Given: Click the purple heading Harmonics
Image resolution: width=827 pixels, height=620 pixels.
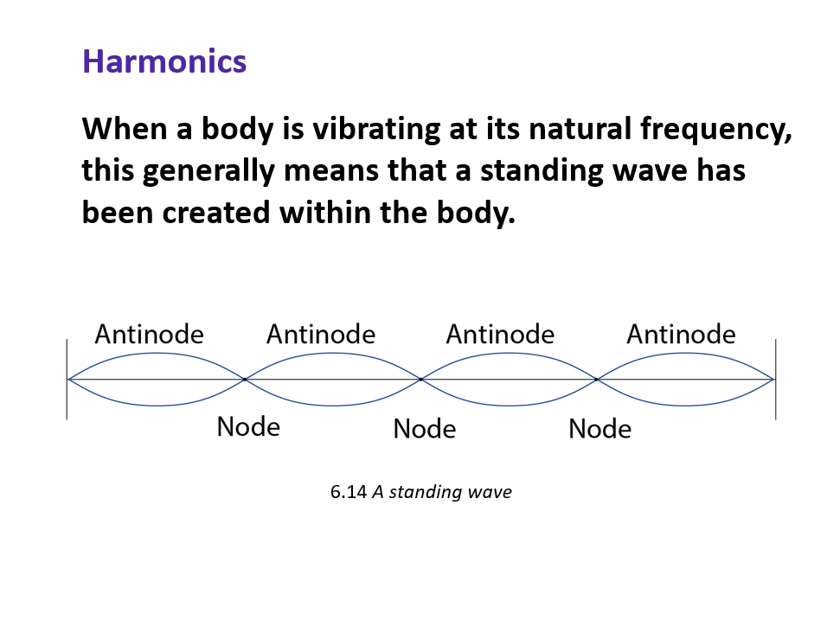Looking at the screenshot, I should tap(164, 61).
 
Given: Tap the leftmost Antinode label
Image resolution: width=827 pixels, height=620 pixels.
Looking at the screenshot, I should tap(149, 334).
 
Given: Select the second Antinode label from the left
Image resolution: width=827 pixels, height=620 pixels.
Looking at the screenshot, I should tap(321, 334).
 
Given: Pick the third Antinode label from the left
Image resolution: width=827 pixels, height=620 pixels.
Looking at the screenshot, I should tap(500, 334).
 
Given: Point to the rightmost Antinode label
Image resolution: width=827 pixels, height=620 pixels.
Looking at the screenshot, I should tap(681, 334).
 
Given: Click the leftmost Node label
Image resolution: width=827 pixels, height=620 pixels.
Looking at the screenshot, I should tap(248, 426).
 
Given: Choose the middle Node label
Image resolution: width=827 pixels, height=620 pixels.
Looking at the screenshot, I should tap(424, 428).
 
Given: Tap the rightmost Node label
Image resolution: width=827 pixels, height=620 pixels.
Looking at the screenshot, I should tap(599, 428).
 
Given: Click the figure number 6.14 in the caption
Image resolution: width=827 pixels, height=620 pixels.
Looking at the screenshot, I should tap(349, 492).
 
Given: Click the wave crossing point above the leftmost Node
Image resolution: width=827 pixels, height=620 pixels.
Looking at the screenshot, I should tap(245, 379).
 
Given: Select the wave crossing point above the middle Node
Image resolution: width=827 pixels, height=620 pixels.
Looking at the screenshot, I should tap(421, 379).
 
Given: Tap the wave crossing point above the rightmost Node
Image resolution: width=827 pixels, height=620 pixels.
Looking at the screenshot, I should tap(597, 379).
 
